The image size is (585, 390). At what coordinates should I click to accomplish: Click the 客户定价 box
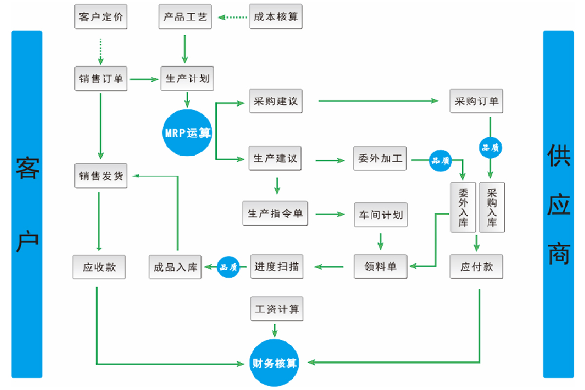(100, 18)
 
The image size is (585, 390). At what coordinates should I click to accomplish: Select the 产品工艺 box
(185, 18)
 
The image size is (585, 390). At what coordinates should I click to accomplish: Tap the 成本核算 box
(276, 18)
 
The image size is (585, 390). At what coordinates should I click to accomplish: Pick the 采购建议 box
(275, 101)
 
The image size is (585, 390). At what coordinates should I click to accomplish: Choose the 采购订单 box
(476, 101)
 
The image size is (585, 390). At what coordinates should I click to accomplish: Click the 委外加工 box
(380, 159)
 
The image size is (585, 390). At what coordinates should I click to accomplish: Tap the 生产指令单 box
(275, 214)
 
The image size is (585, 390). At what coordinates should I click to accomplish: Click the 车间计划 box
(381, 214)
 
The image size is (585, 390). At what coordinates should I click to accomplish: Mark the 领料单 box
(380, 266)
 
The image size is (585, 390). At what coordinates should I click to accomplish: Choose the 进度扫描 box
(276, 266)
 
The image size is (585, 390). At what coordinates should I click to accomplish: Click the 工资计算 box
(276, 309)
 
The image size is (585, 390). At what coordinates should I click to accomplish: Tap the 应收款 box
(99, 267)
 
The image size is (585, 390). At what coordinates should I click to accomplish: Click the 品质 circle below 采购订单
(491, 147)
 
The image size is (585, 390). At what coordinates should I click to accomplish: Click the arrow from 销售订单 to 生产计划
(144, 78)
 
